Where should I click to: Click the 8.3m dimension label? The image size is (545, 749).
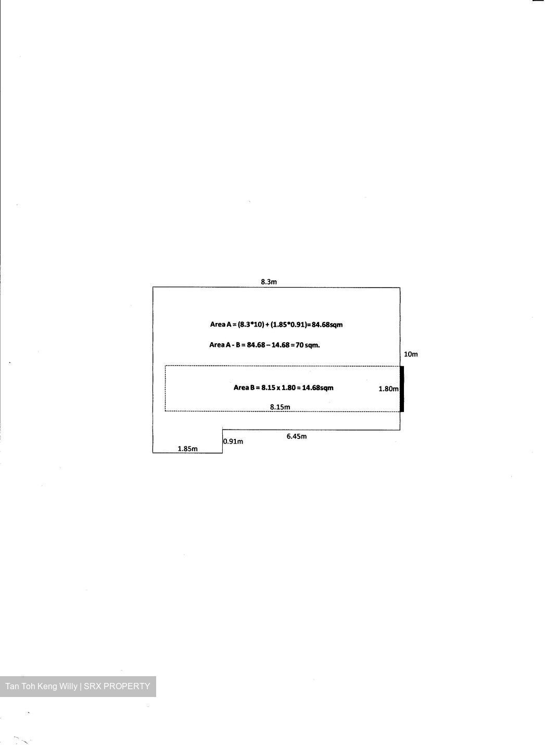(269, 282)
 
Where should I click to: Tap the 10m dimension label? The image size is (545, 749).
(411, 354)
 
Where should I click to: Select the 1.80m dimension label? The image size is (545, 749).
(388, 389)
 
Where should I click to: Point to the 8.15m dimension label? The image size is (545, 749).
(280, 407)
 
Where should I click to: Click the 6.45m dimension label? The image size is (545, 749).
(296, 436)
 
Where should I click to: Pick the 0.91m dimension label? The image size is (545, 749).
(233, 442)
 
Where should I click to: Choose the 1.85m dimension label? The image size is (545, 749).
(187, 449)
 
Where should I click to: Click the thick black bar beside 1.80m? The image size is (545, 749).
(402, 389)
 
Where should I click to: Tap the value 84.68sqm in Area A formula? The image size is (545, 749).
(327, 325)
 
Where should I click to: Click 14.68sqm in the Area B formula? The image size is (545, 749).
(318, 388)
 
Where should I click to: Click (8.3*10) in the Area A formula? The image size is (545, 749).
(251, 325)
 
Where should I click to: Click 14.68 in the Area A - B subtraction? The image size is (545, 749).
(281, 345)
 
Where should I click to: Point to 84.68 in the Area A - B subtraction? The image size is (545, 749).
(256, 345)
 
